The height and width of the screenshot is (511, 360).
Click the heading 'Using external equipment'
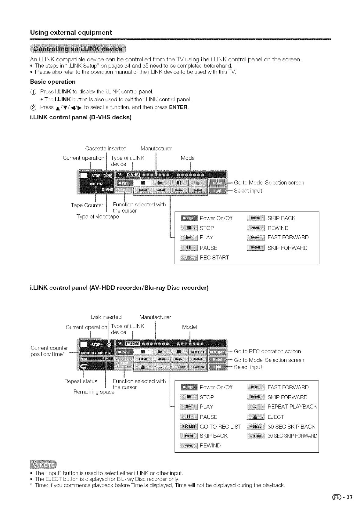tap(71, 32)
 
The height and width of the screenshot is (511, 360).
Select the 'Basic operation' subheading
tap(53, 82)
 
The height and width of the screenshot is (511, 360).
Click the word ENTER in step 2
tap(178, 107)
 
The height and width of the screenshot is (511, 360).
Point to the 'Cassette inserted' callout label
tap(106, 149)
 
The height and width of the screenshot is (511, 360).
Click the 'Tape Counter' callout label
tap(87, 205)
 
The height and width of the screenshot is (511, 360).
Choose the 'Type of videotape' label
tap(98, 216)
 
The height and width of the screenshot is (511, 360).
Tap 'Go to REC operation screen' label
tap(267, 351)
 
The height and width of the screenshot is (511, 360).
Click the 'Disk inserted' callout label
tap(106, 317)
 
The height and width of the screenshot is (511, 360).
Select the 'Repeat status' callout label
tap(81, 381)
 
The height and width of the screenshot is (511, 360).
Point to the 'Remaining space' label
tap(94, 392)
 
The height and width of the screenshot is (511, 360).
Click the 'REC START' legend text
tap(214, 257)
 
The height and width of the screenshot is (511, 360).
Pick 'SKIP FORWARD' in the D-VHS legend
tap(287, 248)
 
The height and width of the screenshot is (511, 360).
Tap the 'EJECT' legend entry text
tap(275, 417)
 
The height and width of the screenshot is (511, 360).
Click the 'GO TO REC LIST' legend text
tap(220, 426)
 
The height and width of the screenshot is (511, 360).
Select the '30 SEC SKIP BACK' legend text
tap(291, 426)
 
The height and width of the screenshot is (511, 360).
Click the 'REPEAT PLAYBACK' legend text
tap(292, 407)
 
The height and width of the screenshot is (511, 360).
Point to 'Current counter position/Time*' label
tap(49, 351)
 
